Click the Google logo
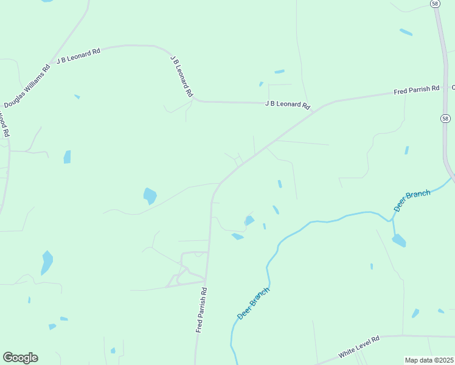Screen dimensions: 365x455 coord(20,358)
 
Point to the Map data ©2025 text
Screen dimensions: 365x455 coord(429,360)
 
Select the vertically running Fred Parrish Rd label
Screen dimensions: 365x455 coord(201,310)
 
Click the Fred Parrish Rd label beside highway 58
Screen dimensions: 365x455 coord(416,90)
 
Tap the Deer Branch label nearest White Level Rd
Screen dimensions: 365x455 coord(252,304)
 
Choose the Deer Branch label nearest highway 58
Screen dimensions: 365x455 coord(412,201)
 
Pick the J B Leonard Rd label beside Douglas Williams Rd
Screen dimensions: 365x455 coord(78,57)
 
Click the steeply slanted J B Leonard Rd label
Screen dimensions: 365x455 coord(181,77)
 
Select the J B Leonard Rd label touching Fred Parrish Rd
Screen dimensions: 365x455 coord(287,104)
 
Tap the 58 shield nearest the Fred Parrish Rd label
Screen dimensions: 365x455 coord(446,118)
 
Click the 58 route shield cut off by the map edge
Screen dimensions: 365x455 coord(435,4)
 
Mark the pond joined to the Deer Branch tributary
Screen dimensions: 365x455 coord(398,240)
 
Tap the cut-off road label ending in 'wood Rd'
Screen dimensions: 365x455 coord(4,124)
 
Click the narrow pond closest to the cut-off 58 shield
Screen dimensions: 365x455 coord(406,32)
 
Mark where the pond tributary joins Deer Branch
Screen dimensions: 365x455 coord(392,219)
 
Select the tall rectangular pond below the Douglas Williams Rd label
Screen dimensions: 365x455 coord(67,156)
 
